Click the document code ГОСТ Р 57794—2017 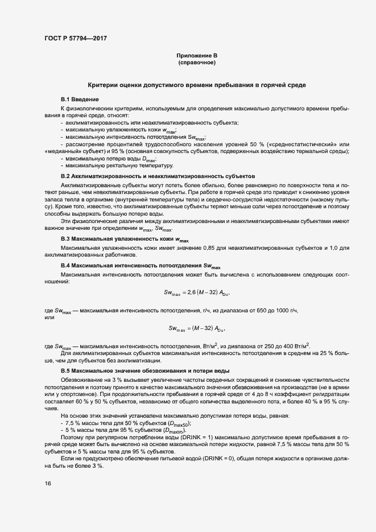pyautogui.click(x=75, y=38)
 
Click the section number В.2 pyautogui.click(x=65, y=176)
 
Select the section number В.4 pyautogui.click(x=65, y=266)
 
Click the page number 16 pyautogui.click(x=48, y=483)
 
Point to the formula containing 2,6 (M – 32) pyautogui.click(x=197, y=292)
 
